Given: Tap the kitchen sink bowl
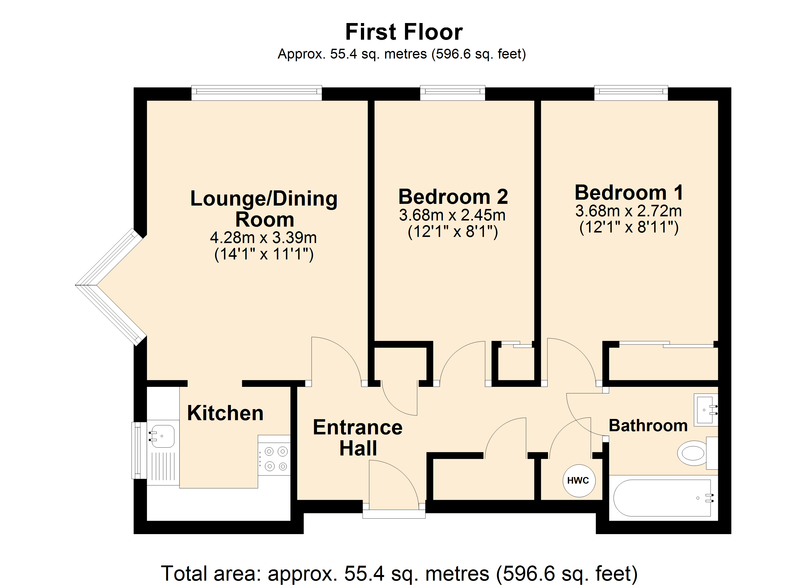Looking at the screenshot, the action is point(162,436).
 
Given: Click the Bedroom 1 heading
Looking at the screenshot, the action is point(629,193).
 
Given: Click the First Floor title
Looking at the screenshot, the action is point(404,32).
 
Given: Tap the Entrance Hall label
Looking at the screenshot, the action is point(358,438).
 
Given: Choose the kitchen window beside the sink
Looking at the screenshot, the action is point(139,450).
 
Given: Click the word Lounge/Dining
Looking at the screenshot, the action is point(264,199).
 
